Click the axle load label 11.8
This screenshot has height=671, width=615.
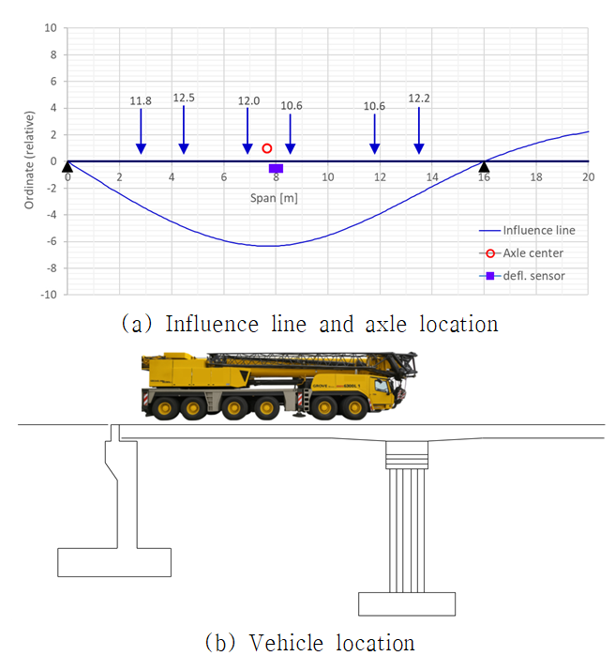coord(141,101)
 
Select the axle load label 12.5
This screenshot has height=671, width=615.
coord(184,98)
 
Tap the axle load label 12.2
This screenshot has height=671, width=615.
coord(419,99)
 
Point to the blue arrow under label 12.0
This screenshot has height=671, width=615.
coord(247,130)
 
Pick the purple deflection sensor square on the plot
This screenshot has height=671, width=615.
coord(276,168)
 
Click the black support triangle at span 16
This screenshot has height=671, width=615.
coord(484,166)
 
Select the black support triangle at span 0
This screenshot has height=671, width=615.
coord(67,166)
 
